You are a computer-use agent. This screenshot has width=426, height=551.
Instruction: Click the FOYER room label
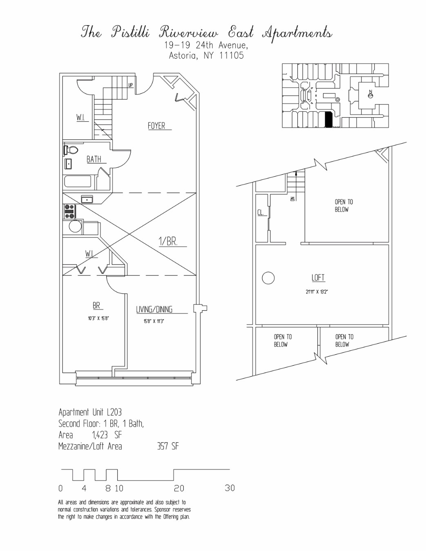(x=156, y=126)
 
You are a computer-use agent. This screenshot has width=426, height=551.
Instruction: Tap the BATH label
(x=94, y=159)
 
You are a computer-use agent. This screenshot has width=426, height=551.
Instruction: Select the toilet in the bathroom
(x=71, y=150)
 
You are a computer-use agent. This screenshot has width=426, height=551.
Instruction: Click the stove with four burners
(x=70, y=211)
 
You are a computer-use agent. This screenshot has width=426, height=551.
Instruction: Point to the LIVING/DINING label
(x=154, y=309)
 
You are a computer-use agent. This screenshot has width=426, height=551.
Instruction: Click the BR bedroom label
(x=96, y=305)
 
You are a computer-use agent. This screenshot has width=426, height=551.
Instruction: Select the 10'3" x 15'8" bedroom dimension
(x=98, y=318)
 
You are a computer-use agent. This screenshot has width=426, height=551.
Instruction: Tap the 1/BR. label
(x=168, y=241)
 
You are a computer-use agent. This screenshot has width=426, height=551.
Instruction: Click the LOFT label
(x=318, y=278)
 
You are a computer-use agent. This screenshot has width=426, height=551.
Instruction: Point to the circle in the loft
(x=268, y=278)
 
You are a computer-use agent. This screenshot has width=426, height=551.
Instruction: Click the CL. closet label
(x=261, y=213)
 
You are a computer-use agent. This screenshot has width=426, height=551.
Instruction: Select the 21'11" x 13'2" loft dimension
(x=317, y=292)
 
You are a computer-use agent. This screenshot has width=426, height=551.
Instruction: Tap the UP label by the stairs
(x=130, y=85)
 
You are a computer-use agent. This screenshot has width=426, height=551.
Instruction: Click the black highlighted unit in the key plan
(x=328, y=119)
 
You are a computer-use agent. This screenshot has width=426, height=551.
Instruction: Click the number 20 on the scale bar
(x=179, y=488)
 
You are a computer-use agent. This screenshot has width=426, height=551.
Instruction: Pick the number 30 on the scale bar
(x=230, y=488)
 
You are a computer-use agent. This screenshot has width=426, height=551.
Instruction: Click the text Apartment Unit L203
(x=90, y=412)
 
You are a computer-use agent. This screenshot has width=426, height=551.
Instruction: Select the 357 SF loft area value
(x=168, y=446)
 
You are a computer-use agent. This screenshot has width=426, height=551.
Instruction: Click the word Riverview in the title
(x=189, y=32)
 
